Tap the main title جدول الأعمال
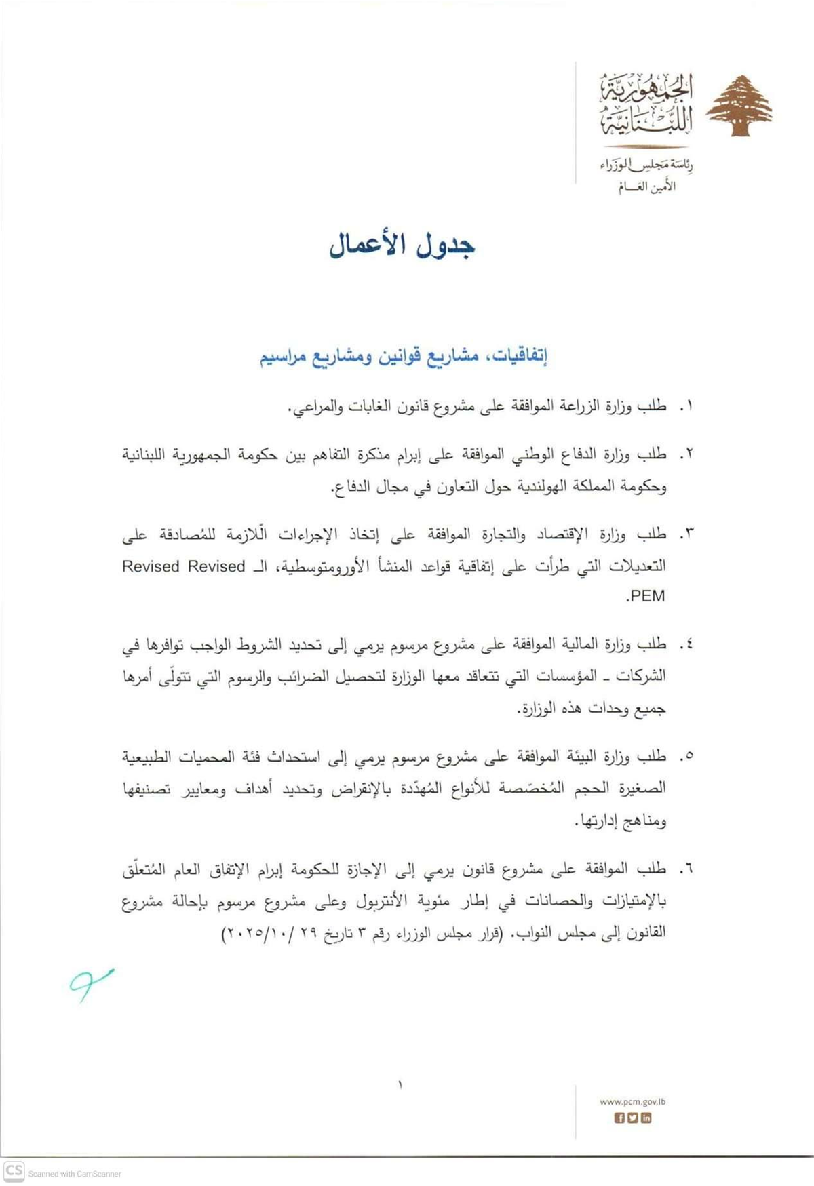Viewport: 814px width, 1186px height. point(402,246)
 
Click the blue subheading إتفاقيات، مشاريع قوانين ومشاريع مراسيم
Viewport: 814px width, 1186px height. point(404,357)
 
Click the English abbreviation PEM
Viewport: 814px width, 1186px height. point(647,597)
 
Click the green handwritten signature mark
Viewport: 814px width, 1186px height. point(90,983)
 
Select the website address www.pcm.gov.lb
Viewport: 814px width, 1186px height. point(632,1102)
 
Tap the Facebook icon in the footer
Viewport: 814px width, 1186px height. point(619,1118)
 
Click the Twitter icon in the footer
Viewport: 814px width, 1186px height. point(632,1118)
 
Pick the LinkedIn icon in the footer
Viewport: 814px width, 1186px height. point(646,1118)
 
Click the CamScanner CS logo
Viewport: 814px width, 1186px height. point(14,1171)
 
